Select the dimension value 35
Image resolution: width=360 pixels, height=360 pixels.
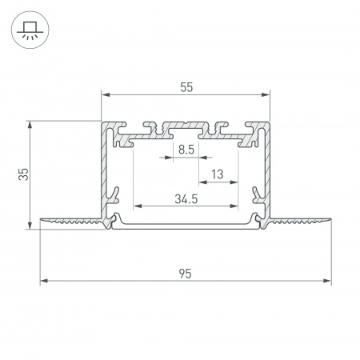(23, 174)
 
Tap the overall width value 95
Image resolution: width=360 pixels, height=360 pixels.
(185, 273)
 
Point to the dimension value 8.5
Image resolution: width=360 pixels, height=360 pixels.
(186, 150)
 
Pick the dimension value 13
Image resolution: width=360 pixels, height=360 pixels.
(217, 174)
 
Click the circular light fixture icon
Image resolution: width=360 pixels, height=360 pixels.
(30, 30)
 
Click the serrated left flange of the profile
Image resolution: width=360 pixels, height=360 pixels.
(68, 222)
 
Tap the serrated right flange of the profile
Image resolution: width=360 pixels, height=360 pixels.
(300, 222)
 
